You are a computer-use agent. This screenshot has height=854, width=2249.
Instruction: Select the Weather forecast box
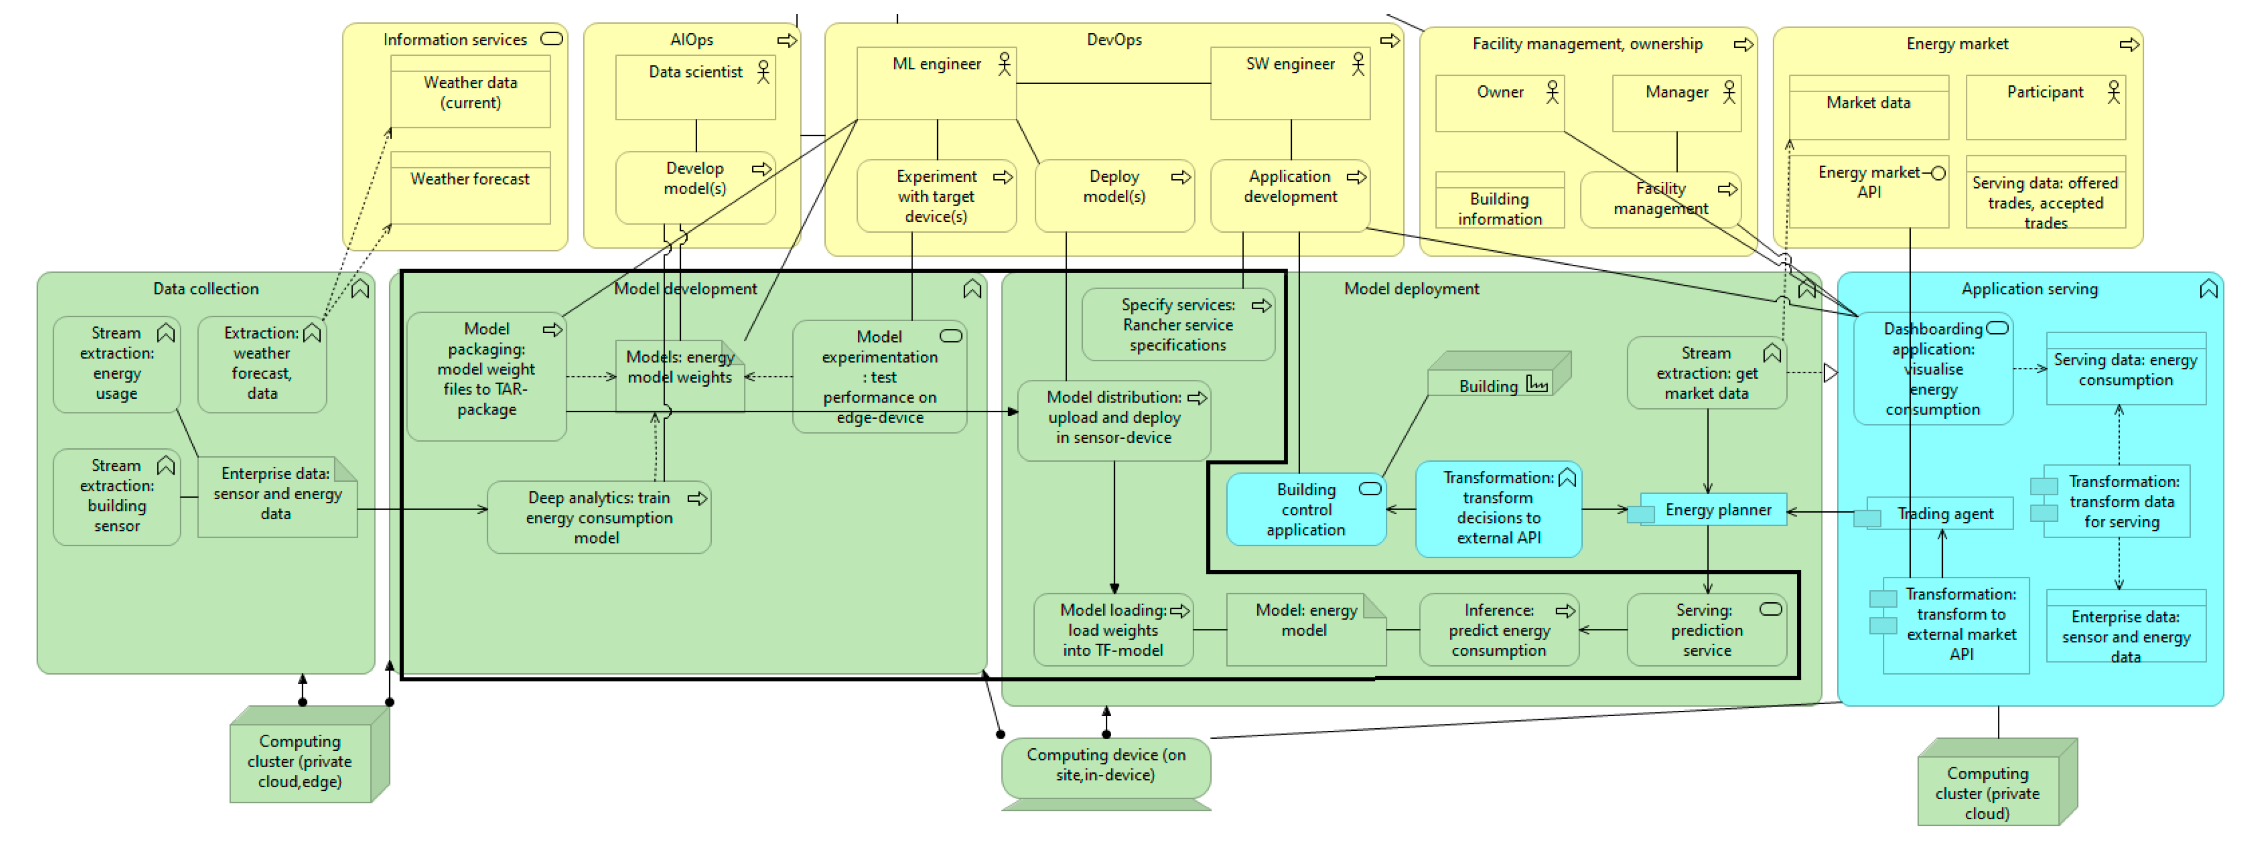[470, 188]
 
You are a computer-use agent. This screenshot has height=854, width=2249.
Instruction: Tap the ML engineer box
[937, 83]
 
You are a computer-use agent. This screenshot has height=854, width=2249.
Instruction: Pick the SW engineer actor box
[1290, 83]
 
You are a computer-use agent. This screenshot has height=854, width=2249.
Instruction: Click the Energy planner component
[1708, 510]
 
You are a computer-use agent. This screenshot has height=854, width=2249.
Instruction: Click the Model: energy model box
[1306, 629]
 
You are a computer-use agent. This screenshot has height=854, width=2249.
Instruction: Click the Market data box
[1868, 107]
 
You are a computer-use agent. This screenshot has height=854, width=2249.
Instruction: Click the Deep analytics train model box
[599, 518]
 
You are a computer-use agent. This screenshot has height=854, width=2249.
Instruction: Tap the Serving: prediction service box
[1707, 629]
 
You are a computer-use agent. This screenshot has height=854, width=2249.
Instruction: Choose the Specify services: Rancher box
[1178, 325]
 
